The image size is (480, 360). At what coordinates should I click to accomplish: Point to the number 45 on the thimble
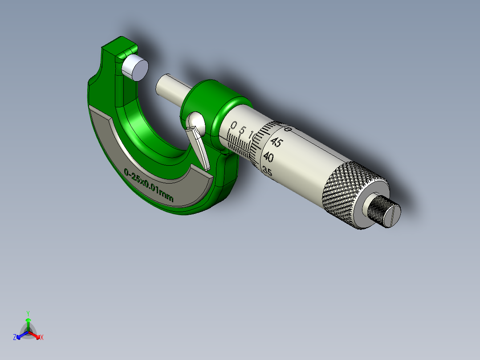click(x=277, y=143)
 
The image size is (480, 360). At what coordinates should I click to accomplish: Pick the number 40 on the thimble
click(x=268, y=157)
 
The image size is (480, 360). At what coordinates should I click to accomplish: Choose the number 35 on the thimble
click(x=267, y=171)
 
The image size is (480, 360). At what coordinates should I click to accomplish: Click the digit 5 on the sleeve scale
click(x=243, y=131)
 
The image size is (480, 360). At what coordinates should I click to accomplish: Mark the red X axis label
click(x=42, y=337)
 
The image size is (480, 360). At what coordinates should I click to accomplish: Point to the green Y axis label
click(x=28, y=313)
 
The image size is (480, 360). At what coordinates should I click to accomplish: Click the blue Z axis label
click(x=15, y=337)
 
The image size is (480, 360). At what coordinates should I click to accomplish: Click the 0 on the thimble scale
click(x=288, y=130)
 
